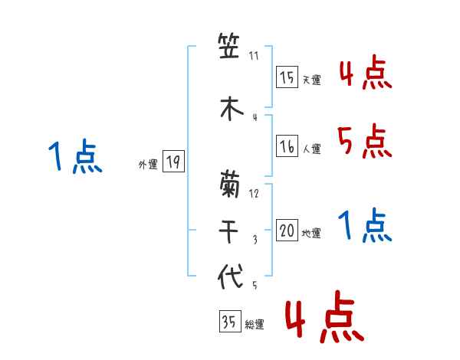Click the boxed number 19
point(173,162)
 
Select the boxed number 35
point(229,322)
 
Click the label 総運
point(254,325)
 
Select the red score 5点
point(365,141)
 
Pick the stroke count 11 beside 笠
point(255,56)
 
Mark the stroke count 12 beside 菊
point(255,193)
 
